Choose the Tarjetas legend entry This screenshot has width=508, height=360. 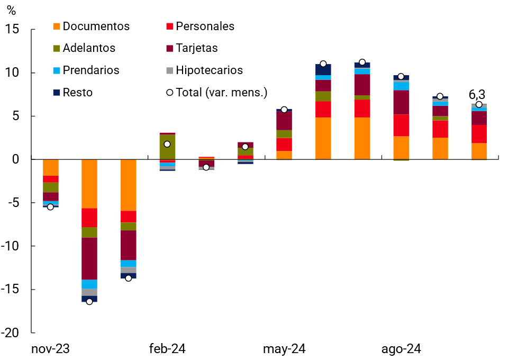pyautogui.click(x=196, y=48)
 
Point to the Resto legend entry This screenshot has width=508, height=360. pyautogui.click(x=77, y=93)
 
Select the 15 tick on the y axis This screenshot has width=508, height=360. pyautogui.click(x=13, y=30)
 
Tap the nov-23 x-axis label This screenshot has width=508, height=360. pyautogui.click(x=50, y=349)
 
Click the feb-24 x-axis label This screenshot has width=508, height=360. pyautogui.click(x=167, y=349)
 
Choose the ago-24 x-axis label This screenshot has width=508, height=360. pyautogui.click(x=401, y=349)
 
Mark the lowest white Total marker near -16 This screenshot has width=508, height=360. pyautogui.click(x=89, y=302)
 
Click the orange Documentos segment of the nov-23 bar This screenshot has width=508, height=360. pyautogui.click(x=50, y=167)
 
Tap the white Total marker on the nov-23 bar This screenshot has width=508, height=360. pyautogui.click(x=50, y=206)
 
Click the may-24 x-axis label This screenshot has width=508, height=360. pyautogui.click(x=284, y=349)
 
